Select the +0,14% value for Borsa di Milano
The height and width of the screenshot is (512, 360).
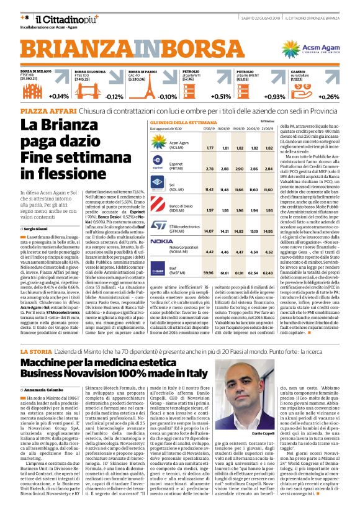tap(60, 96)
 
